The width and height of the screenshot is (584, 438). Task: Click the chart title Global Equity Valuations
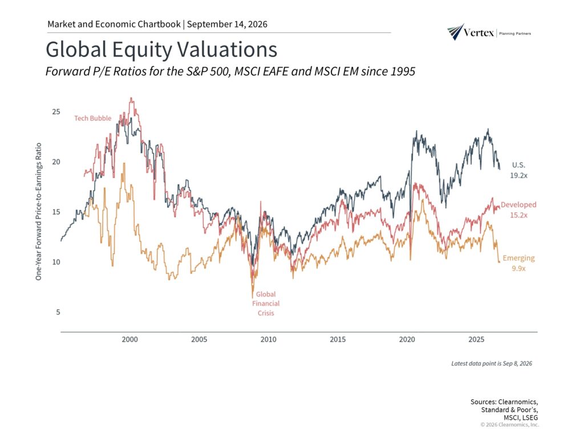pos(161,50)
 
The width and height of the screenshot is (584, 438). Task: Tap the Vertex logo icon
pos(455,32)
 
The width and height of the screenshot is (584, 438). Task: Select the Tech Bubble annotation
pos(93,118)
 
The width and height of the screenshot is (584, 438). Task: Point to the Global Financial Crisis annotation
pos(266,303)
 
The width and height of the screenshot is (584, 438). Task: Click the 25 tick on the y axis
pos(56,112)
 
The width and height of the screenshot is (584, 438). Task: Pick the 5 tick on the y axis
pos(58,312)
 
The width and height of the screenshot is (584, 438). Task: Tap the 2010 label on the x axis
pos(268,339)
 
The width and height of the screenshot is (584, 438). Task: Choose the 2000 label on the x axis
pos(129,339)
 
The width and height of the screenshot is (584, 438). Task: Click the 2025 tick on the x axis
pos(476,339)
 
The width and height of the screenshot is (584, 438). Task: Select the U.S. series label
pos(518,165)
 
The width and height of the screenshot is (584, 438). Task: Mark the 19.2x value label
pos(518,176)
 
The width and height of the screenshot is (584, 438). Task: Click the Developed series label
pos(518,205)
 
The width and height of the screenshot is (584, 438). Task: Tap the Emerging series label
pos(518,258)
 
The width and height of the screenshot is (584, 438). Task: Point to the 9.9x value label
pos(518,269)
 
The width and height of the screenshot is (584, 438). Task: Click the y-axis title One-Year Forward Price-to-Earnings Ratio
pos(38,212)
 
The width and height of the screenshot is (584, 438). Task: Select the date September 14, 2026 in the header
pos(227,24)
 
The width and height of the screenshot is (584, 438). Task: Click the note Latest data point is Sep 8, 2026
pos(492,363)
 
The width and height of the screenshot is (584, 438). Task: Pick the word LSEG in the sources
pos(530,418)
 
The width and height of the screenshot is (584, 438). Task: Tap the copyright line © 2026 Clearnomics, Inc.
pos(509,424)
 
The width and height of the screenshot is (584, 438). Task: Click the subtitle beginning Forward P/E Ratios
pos(230,71)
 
